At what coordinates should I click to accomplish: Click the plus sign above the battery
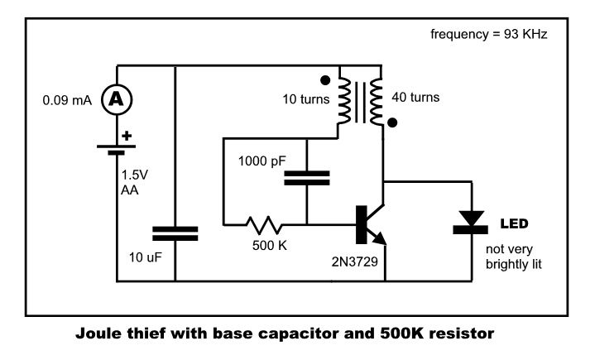[127, 134]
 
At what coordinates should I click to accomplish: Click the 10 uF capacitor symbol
[176, 231]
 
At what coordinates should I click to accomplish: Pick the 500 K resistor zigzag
[262, 223]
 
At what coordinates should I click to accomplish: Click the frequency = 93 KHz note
[488, 36]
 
